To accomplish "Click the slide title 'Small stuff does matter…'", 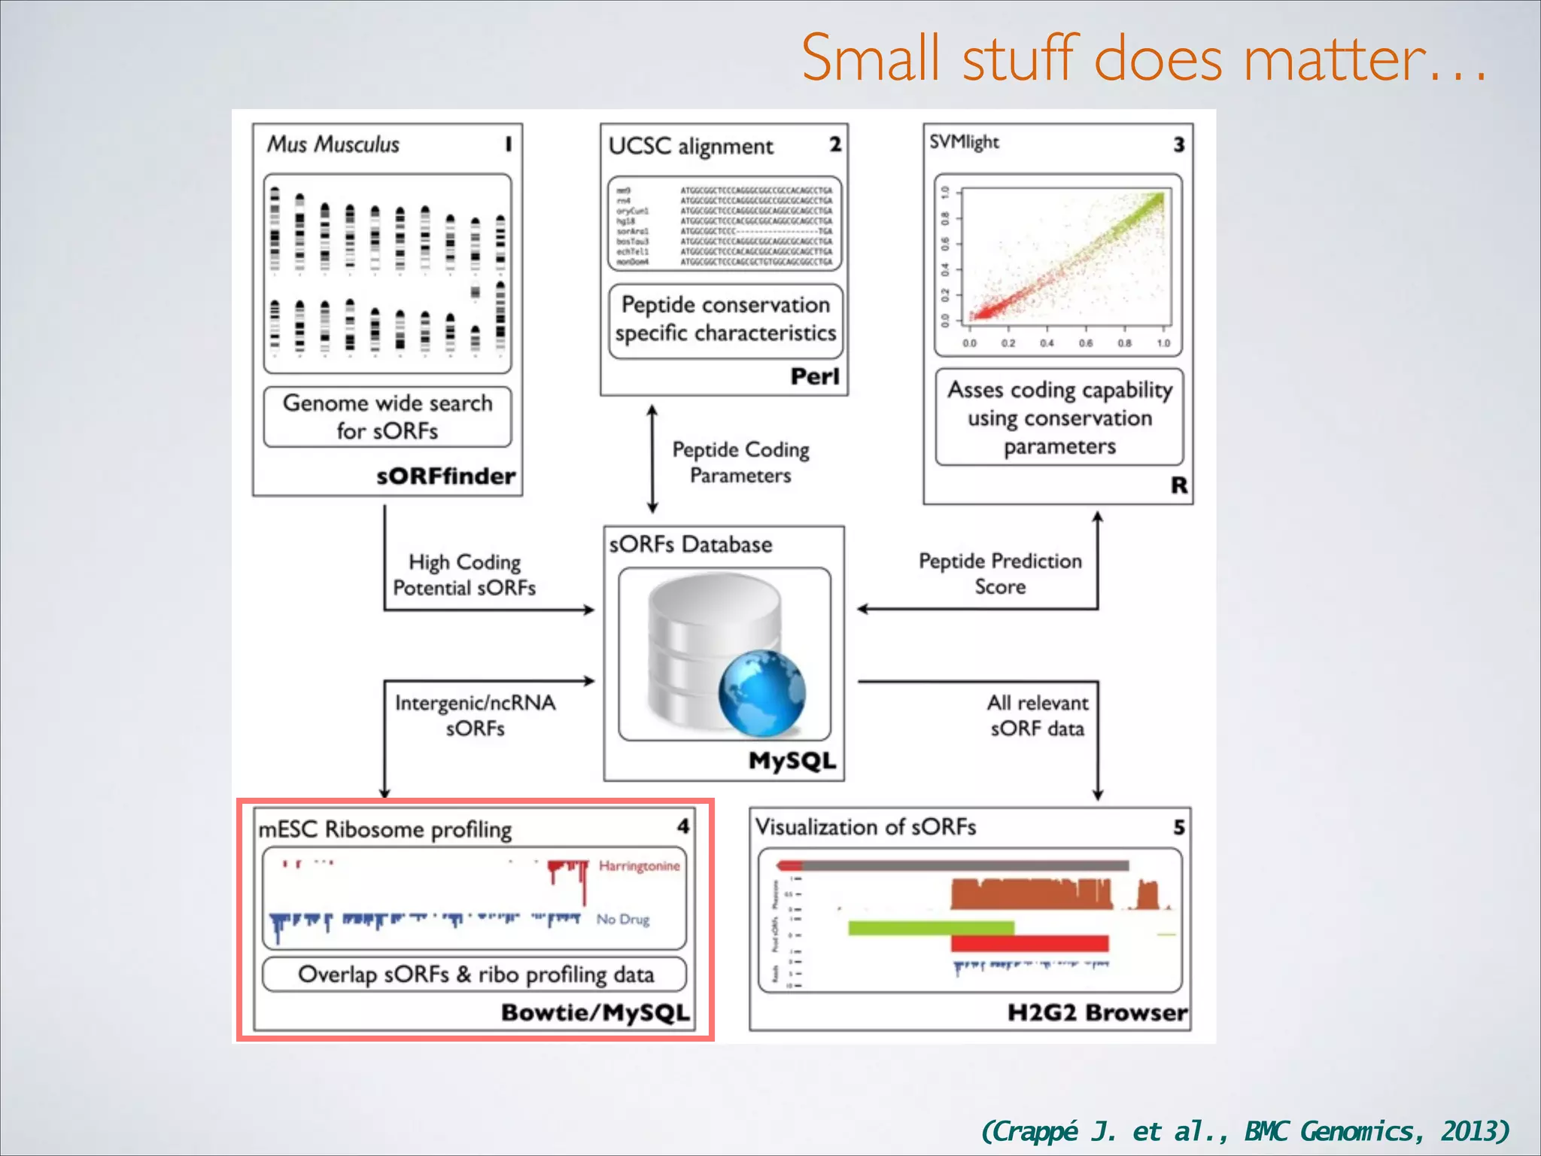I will click(x=1144, y=59).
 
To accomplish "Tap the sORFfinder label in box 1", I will click(x=445, y=476).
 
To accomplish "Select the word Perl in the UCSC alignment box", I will click(x=814, y=376).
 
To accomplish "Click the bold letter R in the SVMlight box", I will click(x=1178, y=485).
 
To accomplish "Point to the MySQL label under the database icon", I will click(x=792, y=761).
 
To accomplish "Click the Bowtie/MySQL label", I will click(x=595, y=1012).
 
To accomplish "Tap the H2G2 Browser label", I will click(x=1097, y=1012).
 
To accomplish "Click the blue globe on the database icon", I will click(x=761, y=692).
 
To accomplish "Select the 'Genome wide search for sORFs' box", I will click(x=388, y=417).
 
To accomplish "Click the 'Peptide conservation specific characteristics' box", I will click(x=725, y=319).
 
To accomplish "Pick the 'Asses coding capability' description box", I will click(x=1059, y=418).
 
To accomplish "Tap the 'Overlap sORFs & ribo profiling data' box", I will click(x=475, y=975).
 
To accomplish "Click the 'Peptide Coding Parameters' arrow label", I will click(x=740, y=462).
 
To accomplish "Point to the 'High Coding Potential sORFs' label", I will click(x=464, y=575).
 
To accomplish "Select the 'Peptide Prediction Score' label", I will click(x=1000, y=573).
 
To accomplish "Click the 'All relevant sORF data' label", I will click(x=1037, y=715).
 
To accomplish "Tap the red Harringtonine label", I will click(x=639, y=866).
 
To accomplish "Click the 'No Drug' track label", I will click(x=622, y=919).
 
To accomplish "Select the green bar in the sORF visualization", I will click(x=931, y=928).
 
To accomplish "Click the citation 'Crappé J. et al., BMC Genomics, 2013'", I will click(x=1245, y=1130).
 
